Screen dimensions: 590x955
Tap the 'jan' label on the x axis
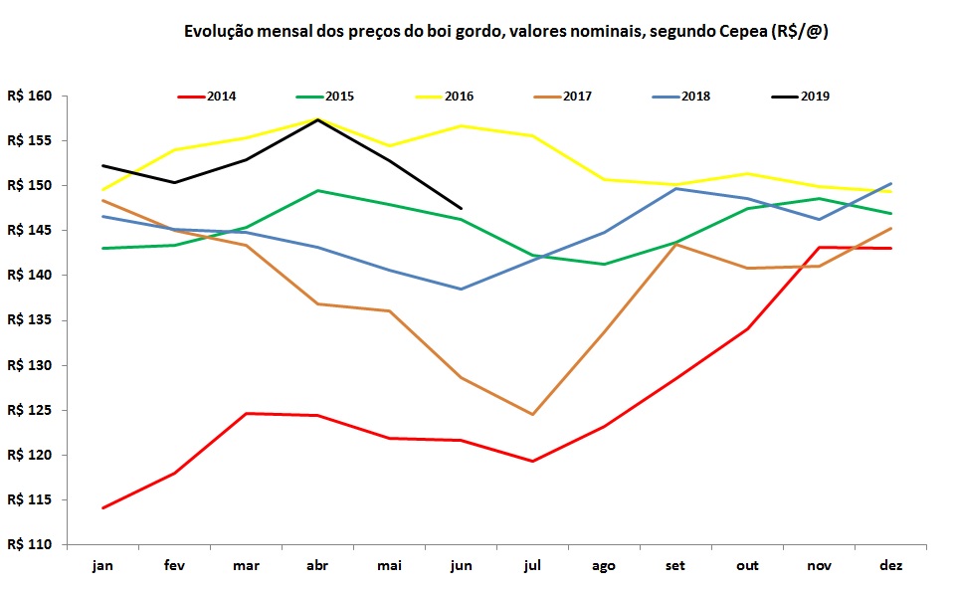pos(102,565)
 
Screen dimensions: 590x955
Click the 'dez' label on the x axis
pos(891,565)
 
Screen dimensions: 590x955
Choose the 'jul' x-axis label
pos(532,565)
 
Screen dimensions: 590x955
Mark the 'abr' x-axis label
pos(317,565)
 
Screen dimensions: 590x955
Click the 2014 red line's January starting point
pos(103,507)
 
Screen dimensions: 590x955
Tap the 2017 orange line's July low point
pos(533,414)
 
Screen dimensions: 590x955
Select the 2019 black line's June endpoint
pos(462,208)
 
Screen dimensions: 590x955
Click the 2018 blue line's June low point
pos(462,289)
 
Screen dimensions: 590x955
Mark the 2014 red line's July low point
pos(533,461)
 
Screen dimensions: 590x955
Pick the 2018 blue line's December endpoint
pos(891,183)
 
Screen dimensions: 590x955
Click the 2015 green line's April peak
pos(318,190)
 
